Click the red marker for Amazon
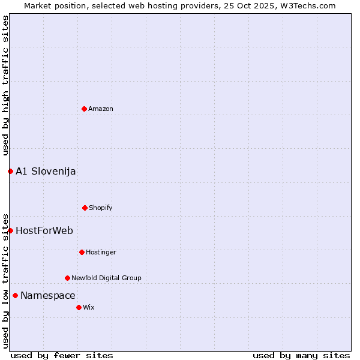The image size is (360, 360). [x=84, y=109]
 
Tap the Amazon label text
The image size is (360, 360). [x=101, y=109]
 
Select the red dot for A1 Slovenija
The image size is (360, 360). [x=10, y=171]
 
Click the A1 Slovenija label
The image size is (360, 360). [x=46, y=172]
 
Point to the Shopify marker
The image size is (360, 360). [x=85, y=208]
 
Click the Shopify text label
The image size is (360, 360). [x=101, y=208]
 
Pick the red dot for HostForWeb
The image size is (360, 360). [x=10, y=230]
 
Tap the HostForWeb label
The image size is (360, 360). [x=44, y=231]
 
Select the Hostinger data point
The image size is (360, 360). [x=82, y=252]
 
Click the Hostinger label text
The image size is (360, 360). [x=101, y=253]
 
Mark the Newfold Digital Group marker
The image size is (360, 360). [x=67, y=278]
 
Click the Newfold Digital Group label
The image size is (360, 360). [x=106, y=278]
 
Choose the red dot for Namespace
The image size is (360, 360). [x=15, y=295]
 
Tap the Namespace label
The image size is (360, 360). [x=48, y=296]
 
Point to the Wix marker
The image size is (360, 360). [x=79, y=307]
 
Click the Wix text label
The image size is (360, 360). [x=89, y=308]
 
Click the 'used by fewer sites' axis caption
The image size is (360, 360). [x=62, y=355]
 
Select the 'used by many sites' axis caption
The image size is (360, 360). [x=301, y=355]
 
